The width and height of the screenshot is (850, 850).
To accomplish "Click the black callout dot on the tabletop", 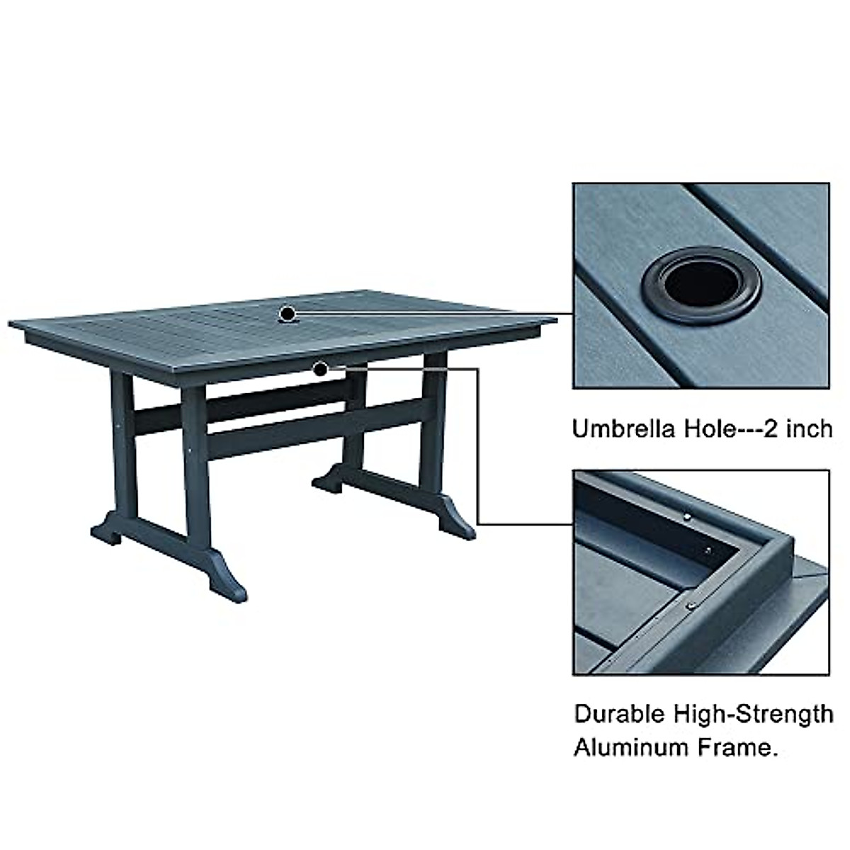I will point(287,313).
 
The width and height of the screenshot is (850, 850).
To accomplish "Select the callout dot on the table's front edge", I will point(321,368).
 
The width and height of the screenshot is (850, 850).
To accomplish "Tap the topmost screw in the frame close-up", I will point(687,518).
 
